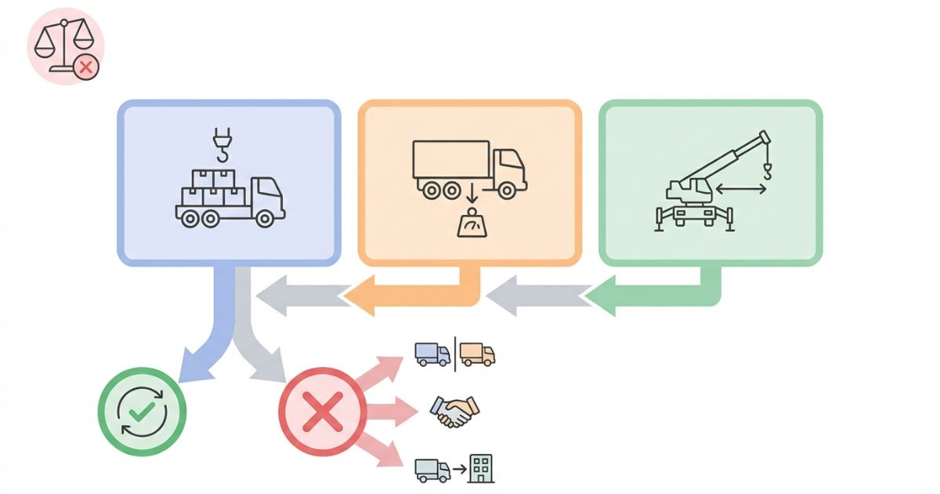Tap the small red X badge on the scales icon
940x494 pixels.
[x=86, y=67]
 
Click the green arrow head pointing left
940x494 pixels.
[x=603, y=296]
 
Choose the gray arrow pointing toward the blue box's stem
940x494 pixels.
[x=298, y=296]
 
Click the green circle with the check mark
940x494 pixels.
[x=142, y=411]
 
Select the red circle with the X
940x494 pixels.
[x=322, y=411]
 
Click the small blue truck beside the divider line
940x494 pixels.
[x=432, y=354]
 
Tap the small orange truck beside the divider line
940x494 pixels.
[x=477, y=354]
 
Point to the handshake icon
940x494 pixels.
[x=454, y=410]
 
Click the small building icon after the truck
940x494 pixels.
[x=480, y=469]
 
